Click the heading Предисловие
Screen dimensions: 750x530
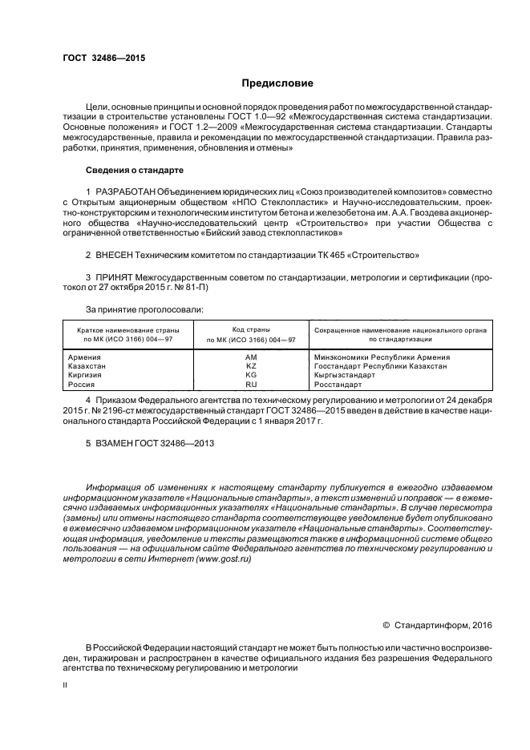pos(277,83)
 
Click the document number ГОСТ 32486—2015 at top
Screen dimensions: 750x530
pos(103,58)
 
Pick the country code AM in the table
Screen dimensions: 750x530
pos(250,357)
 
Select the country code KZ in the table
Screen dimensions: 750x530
pos(250,365)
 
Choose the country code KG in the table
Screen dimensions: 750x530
pos(250,375)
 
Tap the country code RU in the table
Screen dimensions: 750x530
pos(250,385)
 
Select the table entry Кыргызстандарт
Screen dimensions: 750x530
pos(346,375)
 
